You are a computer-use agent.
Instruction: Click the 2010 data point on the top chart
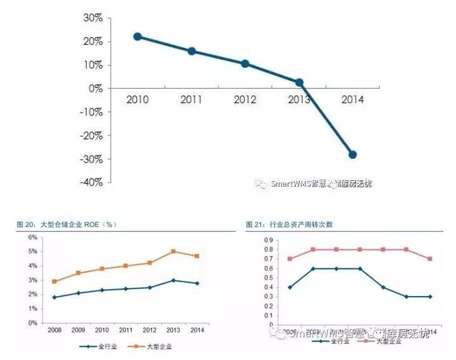(x=137, y=37)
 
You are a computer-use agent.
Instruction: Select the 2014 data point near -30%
(x=352, y=154)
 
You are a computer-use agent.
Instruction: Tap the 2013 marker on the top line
(x=299, y=82)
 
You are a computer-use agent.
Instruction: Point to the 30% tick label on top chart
(x=92, y=18)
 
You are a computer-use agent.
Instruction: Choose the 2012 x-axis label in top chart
(x=245, y=99)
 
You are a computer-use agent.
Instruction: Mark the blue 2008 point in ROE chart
(x=54, y=297)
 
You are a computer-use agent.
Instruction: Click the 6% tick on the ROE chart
(x=32, y=237)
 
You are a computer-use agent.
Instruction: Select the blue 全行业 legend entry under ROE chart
(x=98, y=346)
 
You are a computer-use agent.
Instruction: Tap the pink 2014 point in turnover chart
(x=429, y=259)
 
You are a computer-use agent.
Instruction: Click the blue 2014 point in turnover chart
(x=429, y=296)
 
